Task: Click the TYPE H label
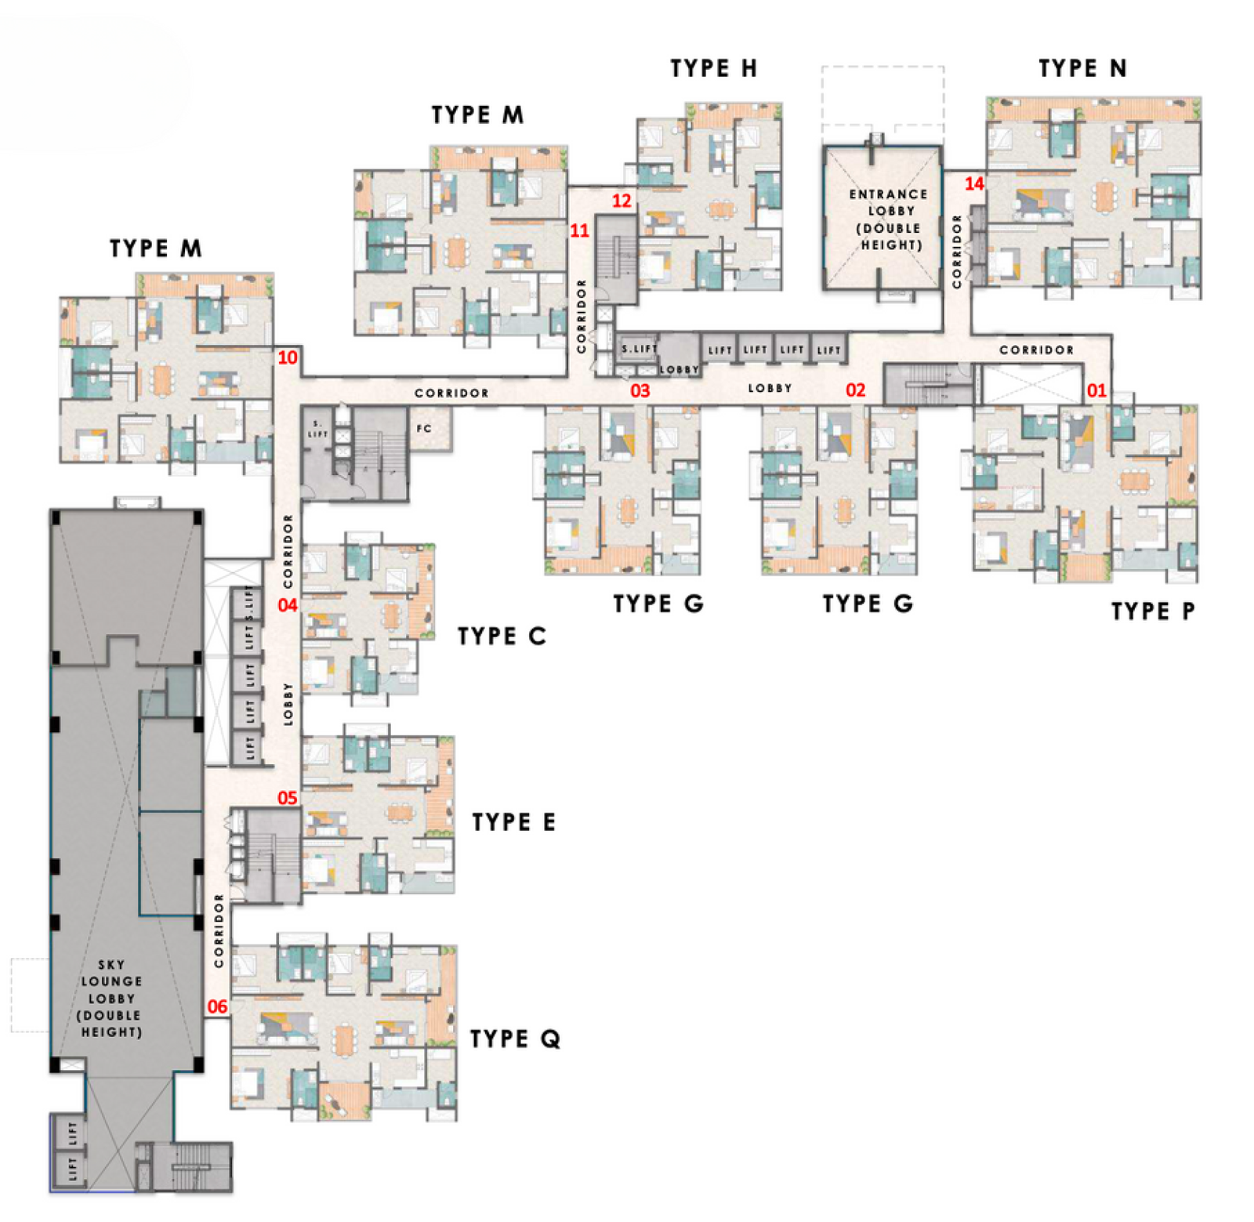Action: pyautogui.click(x=713, y=68)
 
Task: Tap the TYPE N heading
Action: pyautogui.click(x=1082, y=68)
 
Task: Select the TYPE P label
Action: pyautogui.click(x=1153, y=611)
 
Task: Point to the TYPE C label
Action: pyautogui.click(x=502, y=636)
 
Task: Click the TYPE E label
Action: pyautogui.click(x=513, y=821)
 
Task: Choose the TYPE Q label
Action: pyautogui.click(x=515, y=1039)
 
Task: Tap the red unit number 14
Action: pyautogui.click(x=973, y=183)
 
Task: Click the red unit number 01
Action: pyautogui.click(x=1096, y=390)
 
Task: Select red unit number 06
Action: pyautogui.click(x=217, y=1006)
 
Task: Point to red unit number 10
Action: pyautogui.click(x=288, y=357)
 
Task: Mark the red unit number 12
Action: pyautogui.click(x=622, y=201)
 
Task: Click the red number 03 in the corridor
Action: pyautogui.click(x=640, y=390)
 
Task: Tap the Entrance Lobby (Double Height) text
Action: pyautogui.click(x=888, y=219)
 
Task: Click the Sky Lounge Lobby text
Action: pyautogui.click(x=111, y=998)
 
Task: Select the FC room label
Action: pyautogui.click(x=424, y=428)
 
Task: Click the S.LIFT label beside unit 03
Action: pyautogui.click(x=639, y=349)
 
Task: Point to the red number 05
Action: pyautogui.click(x=288, y=798)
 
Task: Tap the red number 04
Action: pyautogui.click(x=288, y=605)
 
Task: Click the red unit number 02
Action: pyautogui.click(x=855, y=390)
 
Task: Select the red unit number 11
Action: pyautogui.click(x=579, y=230)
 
